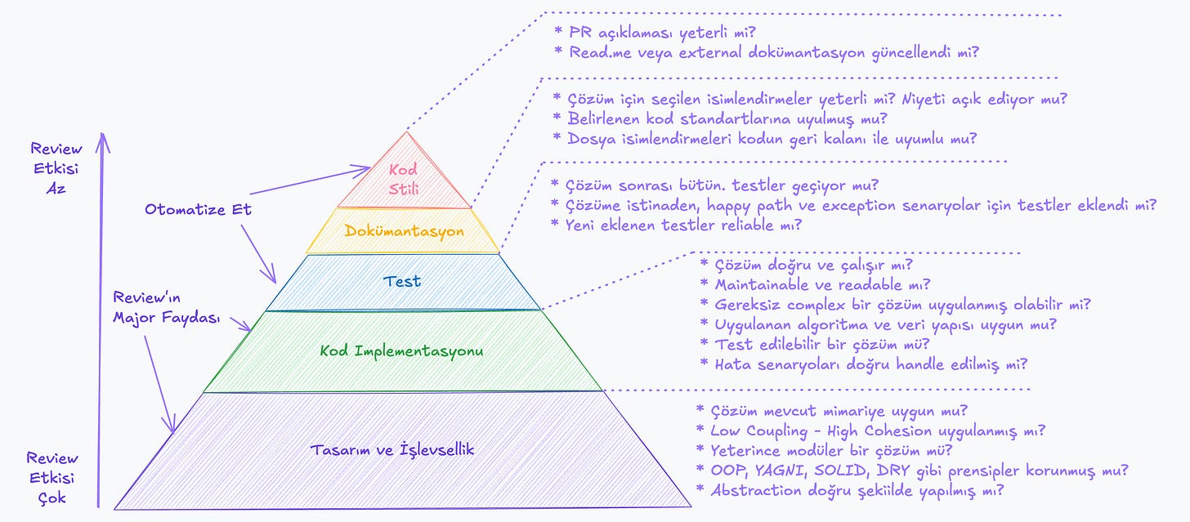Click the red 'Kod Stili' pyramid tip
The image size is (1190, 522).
[x=404, y=178]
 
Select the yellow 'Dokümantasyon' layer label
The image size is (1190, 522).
[x=404, y=231]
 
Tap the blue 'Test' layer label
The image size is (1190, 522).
[x=403, y=281]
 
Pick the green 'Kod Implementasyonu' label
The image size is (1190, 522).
[x=401, y=351]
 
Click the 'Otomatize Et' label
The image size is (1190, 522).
[x=199, y=209]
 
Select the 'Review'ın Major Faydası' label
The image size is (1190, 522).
[x=167, y=307]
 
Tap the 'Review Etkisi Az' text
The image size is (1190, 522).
[x=56, y=167]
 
